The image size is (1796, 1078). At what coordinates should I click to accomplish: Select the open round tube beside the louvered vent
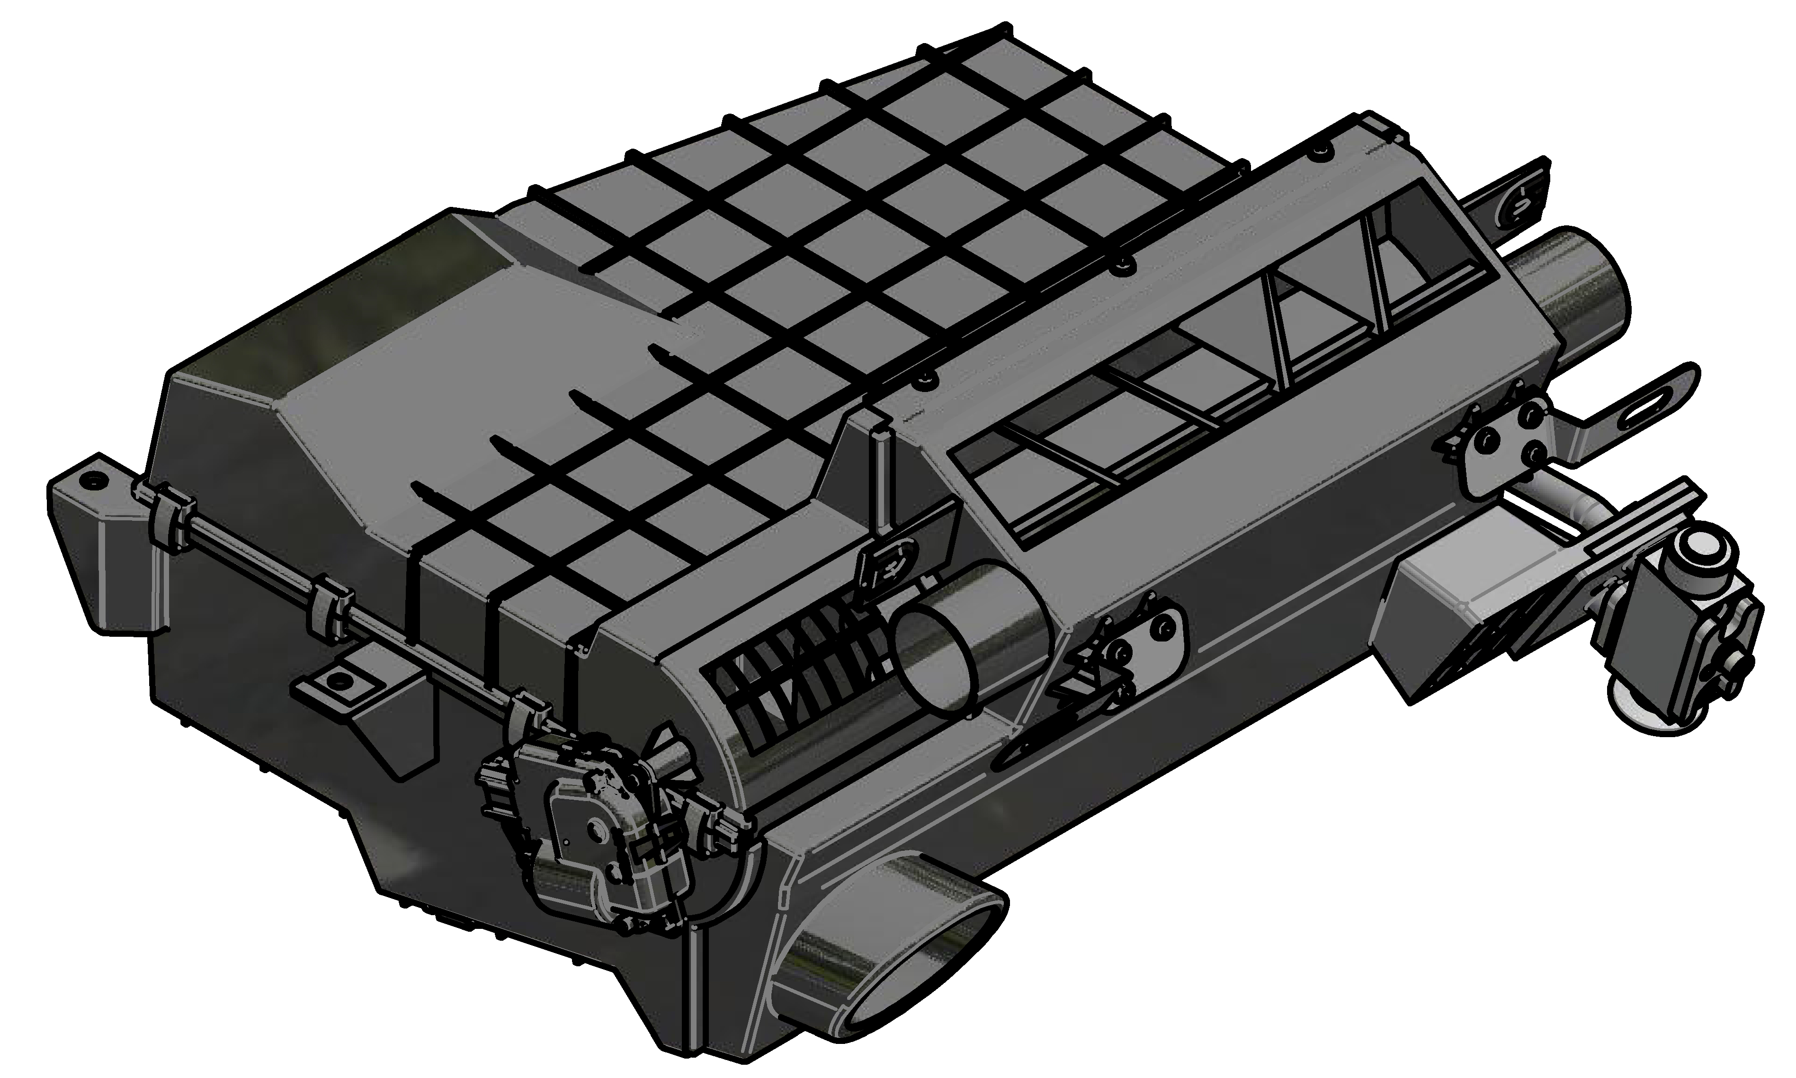[x=937, y=658]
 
